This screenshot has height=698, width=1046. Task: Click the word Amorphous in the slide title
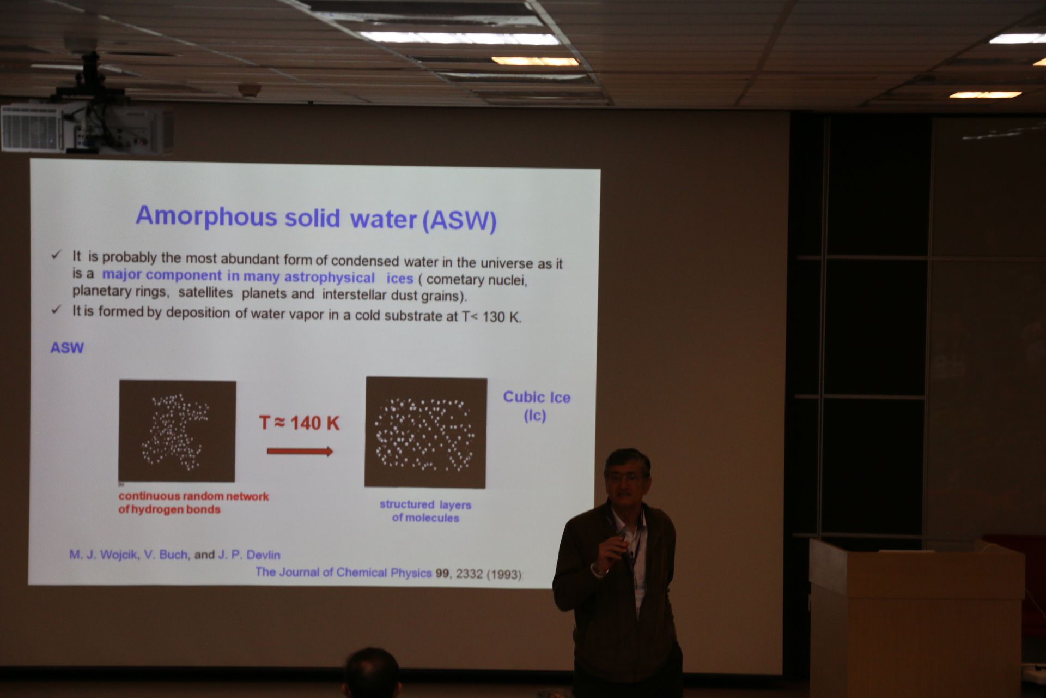(x=206, y=216)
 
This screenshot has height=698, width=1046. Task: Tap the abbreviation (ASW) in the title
(x=459, y=221)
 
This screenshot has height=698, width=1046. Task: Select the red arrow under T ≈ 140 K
(x=300, y=451)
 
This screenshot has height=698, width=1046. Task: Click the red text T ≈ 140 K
(x=299, y=423)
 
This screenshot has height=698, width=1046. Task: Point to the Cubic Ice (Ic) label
(x=536, y=406)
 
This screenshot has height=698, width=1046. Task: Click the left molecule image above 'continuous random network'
(x=177, y=431)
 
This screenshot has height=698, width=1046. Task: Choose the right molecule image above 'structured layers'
(x=425, y=432)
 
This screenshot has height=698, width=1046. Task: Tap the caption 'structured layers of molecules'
(x=425, y=511)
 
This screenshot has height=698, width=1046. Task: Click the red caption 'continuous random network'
(x=193, y=496)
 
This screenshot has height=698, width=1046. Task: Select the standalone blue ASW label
(x=67, y=348)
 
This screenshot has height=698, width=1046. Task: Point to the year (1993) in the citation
(x=503, y=574)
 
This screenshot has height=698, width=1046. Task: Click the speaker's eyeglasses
(x=625, y=478)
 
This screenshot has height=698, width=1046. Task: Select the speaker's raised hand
(x=612, y=550)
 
